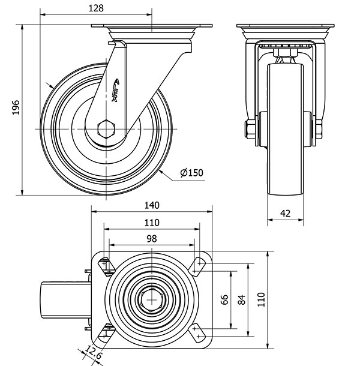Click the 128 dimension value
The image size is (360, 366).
(x=95, y=8)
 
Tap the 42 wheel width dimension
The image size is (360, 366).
(x=285, y=213)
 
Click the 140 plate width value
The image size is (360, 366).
(x=152, y=205)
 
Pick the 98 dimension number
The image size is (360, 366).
(x=151, y=238)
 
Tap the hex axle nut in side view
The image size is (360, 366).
(x=107, y=129)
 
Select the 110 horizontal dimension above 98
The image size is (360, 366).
(x=151, y=222)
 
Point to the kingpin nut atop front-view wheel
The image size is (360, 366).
(x=285, y=57)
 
